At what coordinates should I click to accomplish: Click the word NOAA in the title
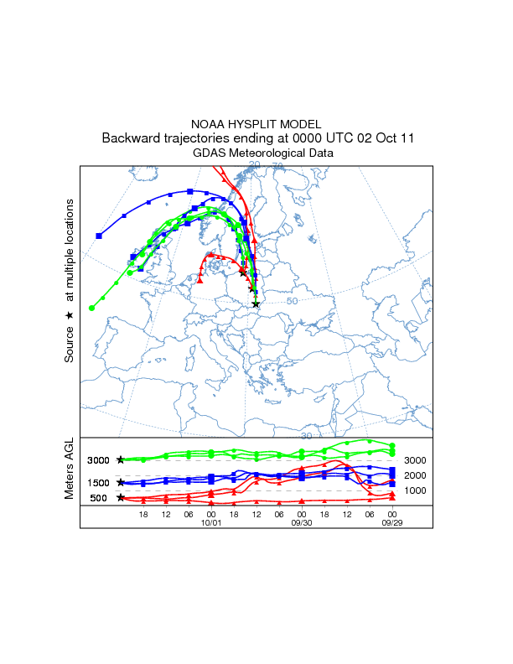(207, 124)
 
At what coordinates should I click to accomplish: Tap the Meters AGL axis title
(70, 471)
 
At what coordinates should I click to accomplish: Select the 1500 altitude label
(98, 483)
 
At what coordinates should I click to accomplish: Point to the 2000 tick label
(416, 475)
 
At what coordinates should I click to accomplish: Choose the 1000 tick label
(416, 490)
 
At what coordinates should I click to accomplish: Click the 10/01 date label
(210, 523)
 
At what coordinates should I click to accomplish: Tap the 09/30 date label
(302, 523)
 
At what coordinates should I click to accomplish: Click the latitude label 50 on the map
(293, 301)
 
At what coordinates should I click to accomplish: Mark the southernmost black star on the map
(256, 304)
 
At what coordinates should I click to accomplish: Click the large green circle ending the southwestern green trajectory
(91, 308)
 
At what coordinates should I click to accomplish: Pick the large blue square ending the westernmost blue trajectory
(99, 236)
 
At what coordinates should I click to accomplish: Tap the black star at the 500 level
(121, 498)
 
